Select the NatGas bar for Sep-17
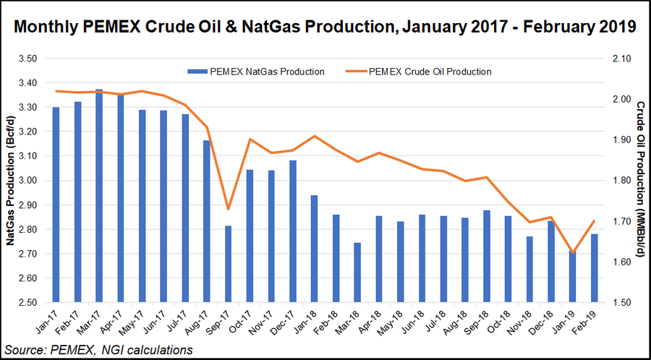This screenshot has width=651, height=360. pyautogui.click(x=228, y=264)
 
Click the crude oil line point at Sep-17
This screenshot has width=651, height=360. pyautogui.click(x=228, y=210)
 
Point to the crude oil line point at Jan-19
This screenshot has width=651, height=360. pyautogui.click(x=573, y=253)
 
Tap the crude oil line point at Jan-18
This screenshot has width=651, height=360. pyautogui.click(x=314, y=136)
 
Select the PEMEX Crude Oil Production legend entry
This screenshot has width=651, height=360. pyautogui.click(x=422, y=72)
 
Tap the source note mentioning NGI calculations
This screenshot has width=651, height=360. pyautogui.click(x=97, y=350)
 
